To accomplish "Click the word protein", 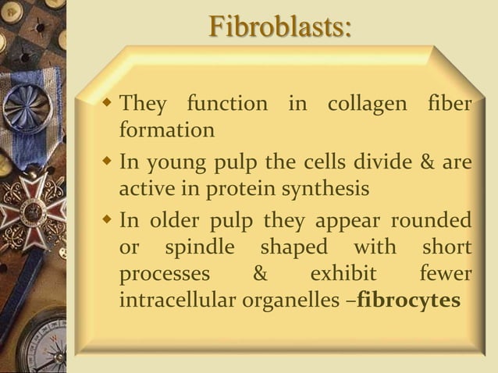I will (222, 190).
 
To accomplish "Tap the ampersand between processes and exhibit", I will (259, 275).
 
